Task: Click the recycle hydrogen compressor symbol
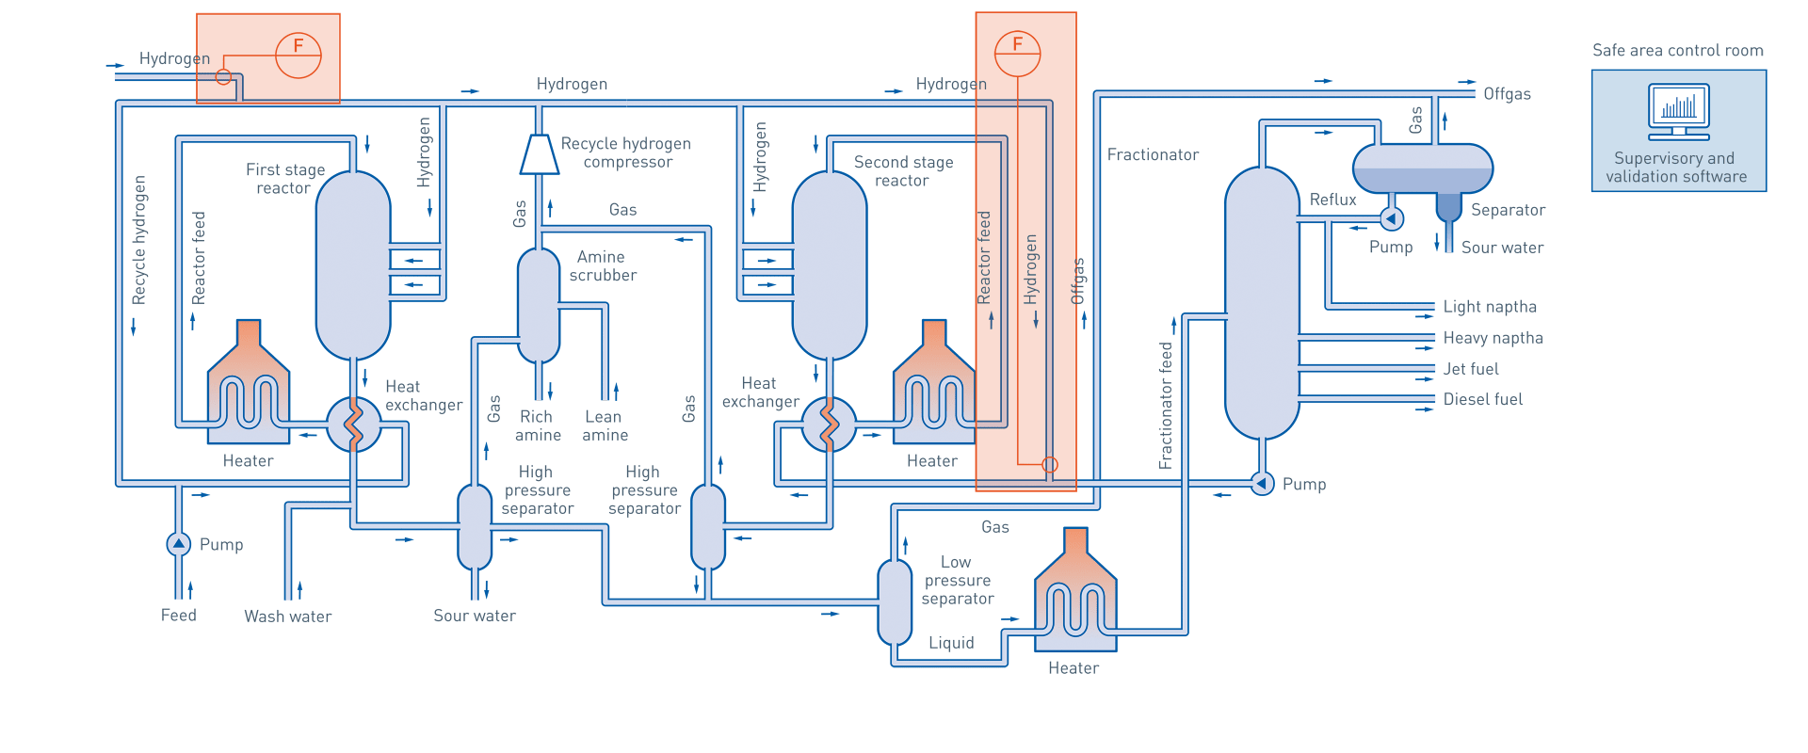point(539,155)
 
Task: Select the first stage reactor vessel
point(353,265)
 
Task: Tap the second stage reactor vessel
point(829,265)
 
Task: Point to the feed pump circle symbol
point(178,544)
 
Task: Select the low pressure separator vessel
point(895,602)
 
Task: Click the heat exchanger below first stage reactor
point(353,425)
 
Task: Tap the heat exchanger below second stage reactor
point(829,425)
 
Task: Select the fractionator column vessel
point(1262,303)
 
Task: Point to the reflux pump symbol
point(1391,218)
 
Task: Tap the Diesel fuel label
point(1482,400)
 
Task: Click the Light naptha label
point(1489,307)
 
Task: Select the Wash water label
point(287,617)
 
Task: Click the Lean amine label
point(605,425)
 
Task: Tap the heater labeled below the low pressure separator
point(1074,593)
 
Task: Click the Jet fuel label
point(1470,369)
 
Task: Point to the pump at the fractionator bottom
point(1262,483)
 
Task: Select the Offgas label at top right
point(1507,94)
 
